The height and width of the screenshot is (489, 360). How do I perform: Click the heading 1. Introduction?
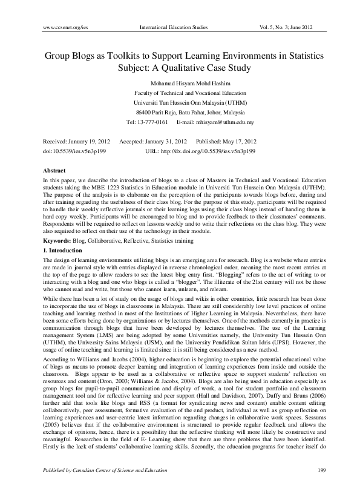tap(59, 249)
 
